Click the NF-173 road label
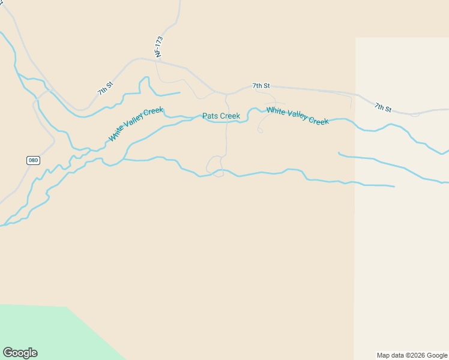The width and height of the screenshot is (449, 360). (x=159, y=47)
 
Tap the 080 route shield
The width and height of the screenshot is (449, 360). (x=33, y=160)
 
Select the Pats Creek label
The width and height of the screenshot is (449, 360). (x=221, y=116)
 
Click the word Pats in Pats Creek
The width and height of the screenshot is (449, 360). (x=210, y=116)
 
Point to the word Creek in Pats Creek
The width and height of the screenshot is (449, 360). (x=229, y=116)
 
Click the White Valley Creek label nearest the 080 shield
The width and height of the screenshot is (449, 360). (x=136, y=125)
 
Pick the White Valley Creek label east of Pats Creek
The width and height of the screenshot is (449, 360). (x=297, y=115)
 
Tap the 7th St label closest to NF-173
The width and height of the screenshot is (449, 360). (x=106, y=88)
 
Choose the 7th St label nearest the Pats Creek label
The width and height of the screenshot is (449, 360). (x=261, y=86)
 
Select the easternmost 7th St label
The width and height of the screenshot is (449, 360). (x=383, y=107)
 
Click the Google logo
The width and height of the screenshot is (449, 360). (x=20, y=353)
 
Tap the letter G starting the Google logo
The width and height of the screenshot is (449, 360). (x=7, y=353)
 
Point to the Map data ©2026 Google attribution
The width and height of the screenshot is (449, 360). (x=412, y=355)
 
